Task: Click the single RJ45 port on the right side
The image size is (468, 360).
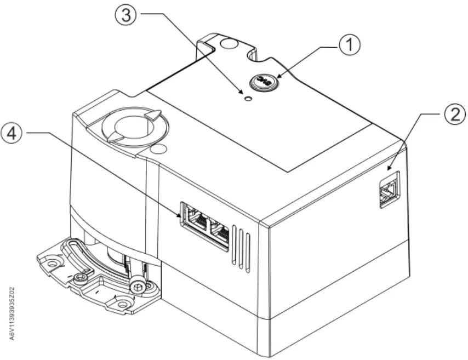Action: (388, 190)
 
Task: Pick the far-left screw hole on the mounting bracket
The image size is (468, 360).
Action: (52, 264)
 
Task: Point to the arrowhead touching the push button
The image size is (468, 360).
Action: (278, 76)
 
